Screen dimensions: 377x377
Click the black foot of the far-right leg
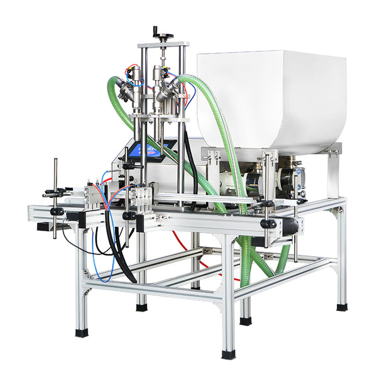click(x=341, y=307)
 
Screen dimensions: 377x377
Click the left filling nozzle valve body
click(x=134, y=88)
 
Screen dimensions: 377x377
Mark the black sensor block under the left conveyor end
click(x=44, y=226)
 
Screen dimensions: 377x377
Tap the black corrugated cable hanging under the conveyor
click(x=119, y=258)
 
